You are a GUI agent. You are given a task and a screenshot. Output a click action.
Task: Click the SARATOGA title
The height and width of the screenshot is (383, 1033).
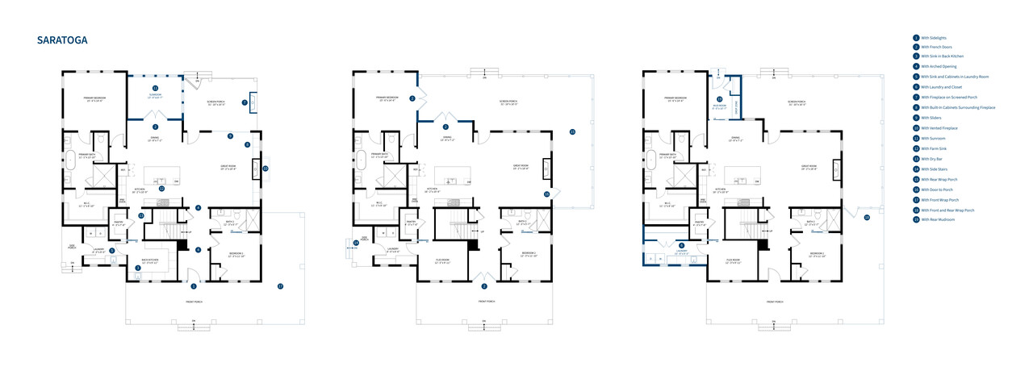click(62, 40)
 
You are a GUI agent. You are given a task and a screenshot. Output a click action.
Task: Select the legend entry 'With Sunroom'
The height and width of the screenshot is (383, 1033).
click(933, 139)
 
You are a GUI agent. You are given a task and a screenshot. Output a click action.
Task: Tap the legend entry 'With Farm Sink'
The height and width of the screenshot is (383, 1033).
click(934, 149)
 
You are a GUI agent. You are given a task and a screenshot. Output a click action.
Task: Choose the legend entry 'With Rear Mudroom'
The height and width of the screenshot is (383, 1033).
click(935, 219)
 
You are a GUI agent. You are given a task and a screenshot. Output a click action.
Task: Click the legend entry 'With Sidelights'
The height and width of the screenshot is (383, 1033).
click(933, 38)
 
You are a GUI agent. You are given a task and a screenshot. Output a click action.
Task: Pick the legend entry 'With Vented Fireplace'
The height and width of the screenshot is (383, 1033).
click(937, 129)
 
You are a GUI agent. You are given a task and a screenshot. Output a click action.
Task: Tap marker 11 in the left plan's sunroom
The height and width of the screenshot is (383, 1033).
click(155, 87)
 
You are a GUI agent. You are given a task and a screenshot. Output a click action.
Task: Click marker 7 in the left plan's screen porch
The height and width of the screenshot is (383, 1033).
click(245, 102)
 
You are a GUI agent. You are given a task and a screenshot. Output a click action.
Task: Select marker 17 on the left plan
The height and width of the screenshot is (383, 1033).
click(280, 286)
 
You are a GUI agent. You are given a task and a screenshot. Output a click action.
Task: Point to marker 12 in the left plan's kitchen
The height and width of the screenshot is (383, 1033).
click(161, 189)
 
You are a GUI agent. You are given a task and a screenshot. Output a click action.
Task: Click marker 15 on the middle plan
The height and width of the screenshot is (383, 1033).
click(572, 131)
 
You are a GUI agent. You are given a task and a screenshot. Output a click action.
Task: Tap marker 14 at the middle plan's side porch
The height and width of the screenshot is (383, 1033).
click(356, 243)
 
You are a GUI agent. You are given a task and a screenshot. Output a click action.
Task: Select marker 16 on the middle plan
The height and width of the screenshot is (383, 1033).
click(546, 194)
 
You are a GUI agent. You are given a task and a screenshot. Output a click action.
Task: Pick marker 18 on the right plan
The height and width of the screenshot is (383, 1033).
click(867, 218)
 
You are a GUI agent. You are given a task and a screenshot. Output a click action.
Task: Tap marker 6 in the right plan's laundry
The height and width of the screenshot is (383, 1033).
click(681, 245)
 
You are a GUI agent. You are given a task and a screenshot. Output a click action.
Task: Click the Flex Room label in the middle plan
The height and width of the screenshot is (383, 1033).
click(442, 260)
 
